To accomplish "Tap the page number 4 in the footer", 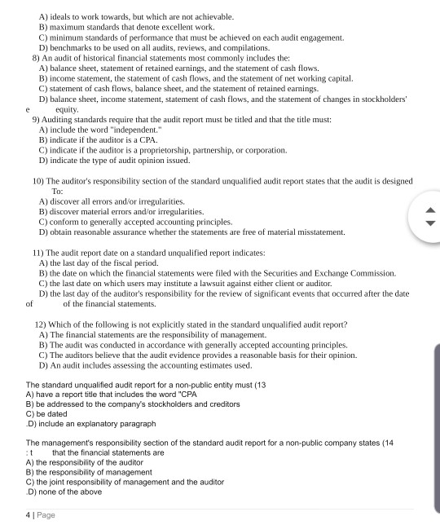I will [29, 514].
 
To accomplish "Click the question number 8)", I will [37, 59].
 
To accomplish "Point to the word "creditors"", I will [220, 404].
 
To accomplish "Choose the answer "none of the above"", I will [68, 492].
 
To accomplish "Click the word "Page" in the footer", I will [46, 514].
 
